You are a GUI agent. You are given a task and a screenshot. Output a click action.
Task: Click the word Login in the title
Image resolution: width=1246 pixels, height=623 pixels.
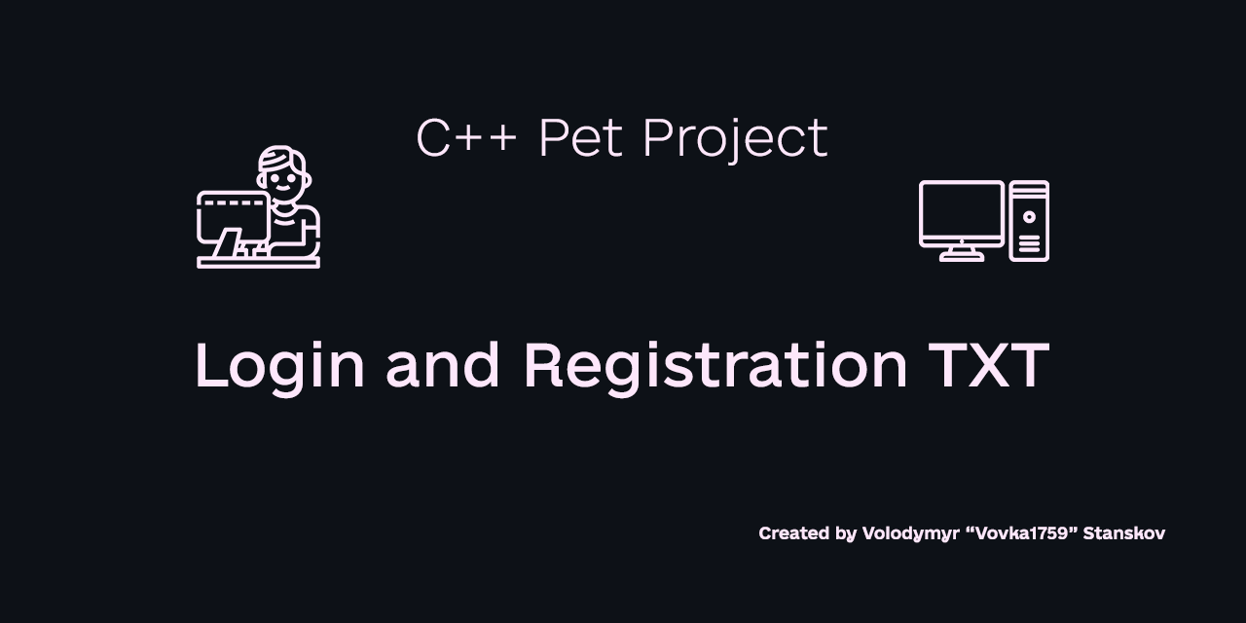point(279,366)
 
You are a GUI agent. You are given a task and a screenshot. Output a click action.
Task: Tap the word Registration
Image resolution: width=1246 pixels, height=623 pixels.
point(715,366)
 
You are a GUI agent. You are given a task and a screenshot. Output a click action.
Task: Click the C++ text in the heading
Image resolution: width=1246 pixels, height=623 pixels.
point(466,138)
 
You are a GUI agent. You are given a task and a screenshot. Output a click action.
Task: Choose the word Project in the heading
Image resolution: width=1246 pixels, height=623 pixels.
point(735,138)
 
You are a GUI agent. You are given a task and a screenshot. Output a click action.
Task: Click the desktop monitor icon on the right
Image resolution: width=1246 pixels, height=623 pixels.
point(962,213)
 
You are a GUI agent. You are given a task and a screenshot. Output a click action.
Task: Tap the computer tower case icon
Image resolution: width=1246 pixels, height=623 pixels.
point(1029,221)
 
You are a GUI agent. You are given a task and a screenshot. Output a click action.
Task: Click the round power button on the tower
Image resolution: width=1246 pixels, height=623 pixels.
point(1029,216)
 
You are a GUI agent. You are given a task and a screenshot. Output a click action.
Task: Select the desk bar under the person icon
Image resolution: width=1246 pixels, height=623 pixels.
point(258,262)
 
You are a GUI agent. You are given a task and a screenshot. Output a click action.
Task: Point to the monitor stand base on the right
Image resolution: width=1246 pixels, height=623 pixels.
point(962,256)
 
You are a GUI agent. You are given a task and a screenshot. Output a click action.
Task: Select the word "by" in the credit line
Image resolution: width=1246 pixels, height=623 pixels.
point(846,533)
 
